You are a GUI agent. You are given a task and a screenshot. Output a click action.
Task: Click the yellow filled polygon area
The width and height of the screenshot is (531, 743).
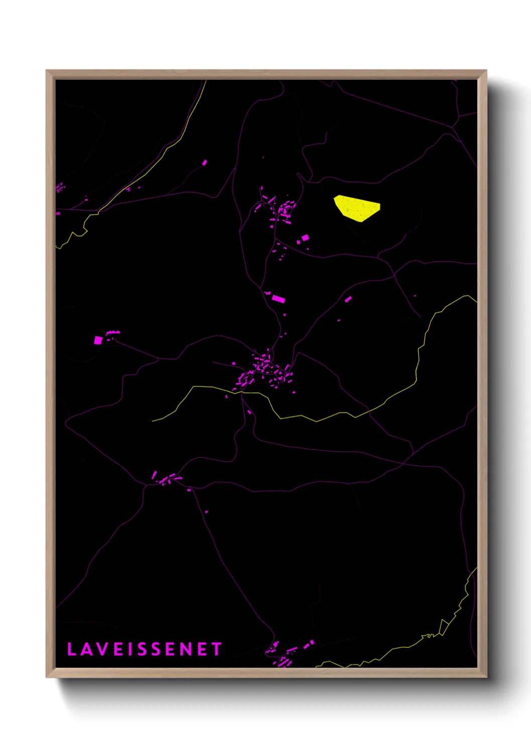(357, 208)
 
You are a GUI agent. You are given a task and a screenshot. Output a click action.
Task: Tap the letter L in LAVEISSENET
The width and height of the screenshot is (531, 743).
(71, 649)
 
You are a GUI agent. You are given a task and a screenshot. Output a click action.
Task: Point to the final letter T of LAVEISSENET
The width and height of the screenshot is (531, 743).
(216, 649)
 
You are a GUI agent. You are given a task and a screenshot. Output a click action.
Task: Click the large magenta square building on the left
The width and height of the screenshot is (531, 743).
(98, 340)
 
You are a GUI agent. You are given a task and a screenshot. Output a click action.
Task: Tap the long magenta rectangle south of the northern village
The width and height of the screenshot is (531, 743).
(278, 299)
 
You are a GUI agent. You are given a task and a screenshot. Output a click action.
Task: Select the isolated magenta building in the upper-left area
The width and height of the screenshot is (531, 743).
(204, 163)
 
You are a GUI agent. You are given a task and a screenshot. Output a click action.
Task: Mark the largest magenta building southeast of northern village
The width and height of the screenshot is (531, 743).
(305, 237)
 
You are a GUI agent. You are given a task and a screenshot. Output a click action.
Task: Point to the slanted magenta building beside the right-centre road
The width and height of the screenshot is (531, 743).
(348, 299)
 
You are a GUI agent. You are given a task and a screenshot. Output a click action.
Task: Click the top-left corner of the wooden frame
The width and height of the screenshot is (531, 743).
(47, 71)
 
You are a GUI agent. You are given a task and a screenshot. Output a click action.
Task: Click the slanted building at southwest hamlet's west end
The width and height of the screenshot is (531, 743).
(154, 474)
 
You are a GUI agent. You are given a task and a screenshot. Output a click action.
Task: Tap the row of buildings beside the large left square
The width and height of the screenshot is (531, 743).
(113, 332)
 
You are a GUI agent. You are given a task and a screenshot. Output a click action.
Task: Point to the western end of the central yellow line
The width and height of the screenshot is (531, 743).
(153, 421)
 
